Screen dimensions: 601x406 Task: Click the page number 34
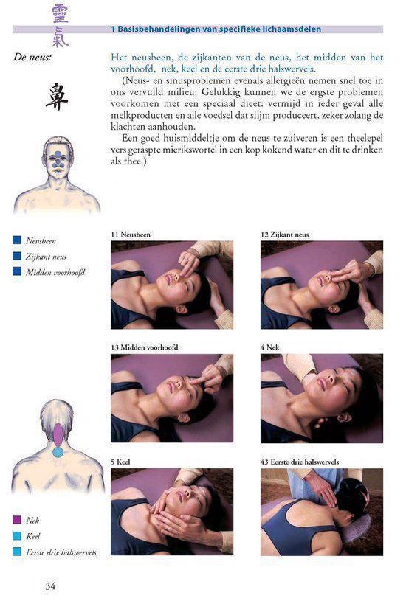click(50, 586)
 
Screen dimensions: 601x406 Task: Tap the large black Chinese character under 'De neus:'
click(57, 97)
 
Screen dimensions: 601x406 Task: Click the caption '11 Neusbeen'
click(131, 235)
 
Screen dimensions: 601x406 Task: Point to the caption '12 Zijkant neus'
click(285, 235)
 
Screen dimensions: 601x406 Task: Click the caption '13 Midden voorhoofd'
click(144, 347)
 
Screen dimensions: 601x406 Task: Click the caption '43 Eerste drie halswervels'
click(300, 462)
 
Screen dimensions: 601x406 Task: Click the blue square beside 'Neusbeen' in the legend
click(17, 240)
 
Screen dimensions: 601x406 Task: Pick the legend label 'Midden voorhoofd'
click(55, 272)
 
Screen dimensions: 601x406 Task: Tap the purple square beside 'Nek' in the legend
click(17, 520)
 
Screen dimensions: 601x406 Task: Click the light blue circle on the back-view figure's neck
click(58, 452)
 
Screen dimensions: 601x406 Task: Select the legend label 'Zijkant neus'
click(46, 257)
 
